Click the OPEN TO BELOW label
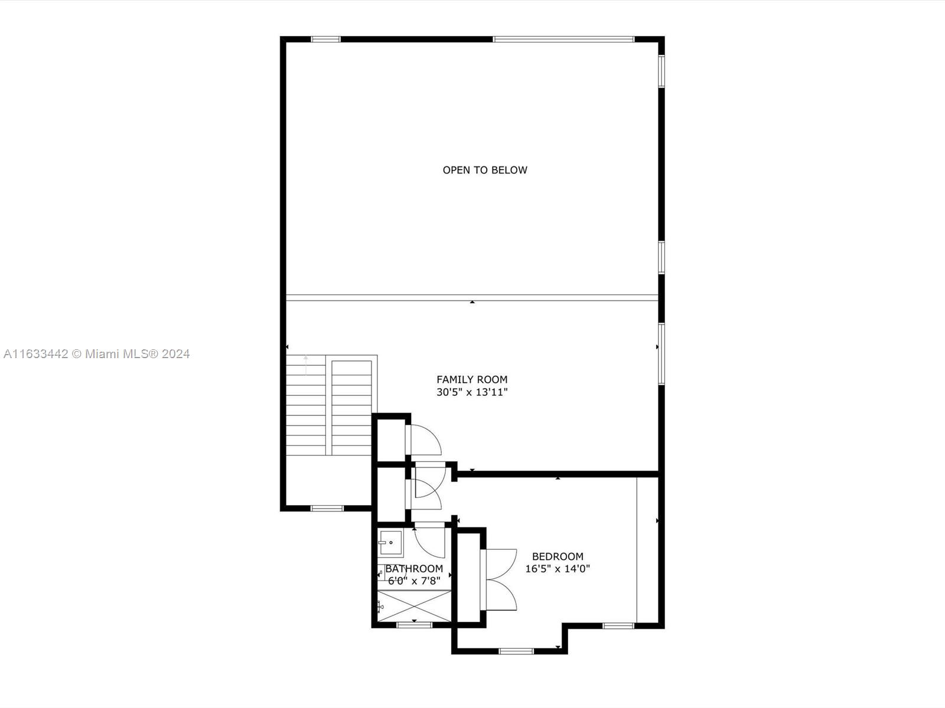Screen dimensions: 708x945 pyautogui.click(x=485, y=170)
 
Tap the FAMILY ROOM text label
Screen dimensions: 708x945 pyautogui.click(x=472, y=379)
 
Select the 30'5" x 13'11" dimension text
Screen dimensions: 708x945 pyautogui.click(x=472, y=392)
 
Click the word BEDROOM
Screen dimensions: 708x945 pyautogui.click(x=558, y=556)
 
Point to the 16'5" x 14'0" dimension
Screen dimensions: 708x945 pyautogui.click(x=558, y=569)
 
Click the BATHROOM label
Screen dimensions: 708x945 pyautogui.click(x=414, y=569)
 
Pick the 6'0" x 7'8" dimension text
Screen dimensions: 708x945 pyautogui.click(x=414, y=581)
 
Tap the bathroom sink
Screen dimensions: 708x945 pyautogui.click(x=390, y=543)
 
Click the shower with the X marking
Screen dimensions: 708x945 pyautogui.click(x=414, y=606)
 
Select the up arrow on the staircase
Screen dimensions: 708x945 pyautogui.click(x=305, y=365)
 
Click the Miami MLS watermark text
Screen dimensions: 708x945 pyautogui.click(x=97, y=354)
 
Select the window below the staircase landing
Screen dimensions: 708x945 pyautogui.click(x=327, y=508)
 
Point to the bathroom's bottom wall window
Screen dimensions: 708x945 pyautogui.click(x=414, y=625)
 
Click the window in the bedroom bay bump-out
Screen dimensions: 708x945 pyautogui.click(x=516, y=651)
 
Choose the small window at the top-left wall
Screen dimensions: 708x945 pyautogui.click(x=325, y=40)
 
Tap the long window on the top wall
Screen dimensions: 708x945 pyautogui.click(x=563, y=40)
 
